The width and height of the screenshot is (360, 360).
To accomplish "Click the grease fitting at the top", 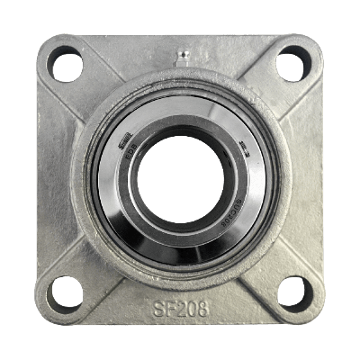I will tap(181, 57).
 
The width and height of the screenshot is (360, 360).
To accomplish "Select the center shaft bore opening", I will tap(180, 179).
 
